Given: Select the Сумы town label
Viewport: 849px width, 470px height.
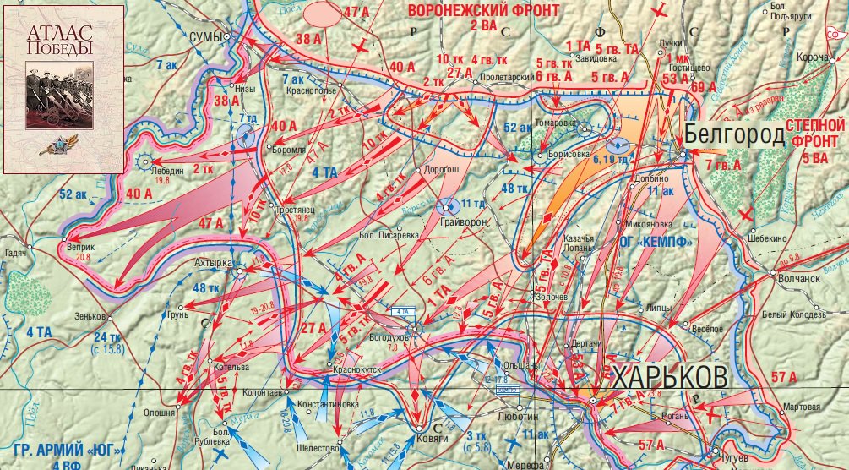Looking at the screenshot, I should point(204,37).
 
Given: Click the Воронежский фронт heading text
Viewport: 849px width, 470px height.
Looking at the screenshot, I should point(483,10).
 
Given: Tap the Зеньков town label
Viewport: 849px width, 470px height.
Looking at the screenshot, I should point(90,317).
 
